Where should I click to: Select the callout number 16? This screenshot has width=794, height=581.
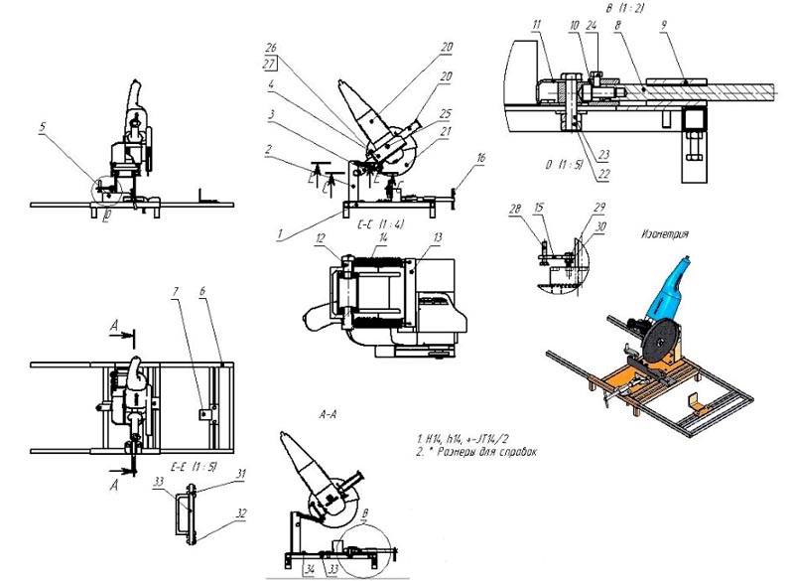pyautogui.click(x=481, y=157)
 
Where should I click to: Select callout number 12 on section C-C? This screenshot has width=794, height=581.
pyautogui.click(x=319, y=238)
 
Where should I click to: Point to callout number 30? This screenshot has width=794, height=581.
pyautogui.click(x=600, y=224)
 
